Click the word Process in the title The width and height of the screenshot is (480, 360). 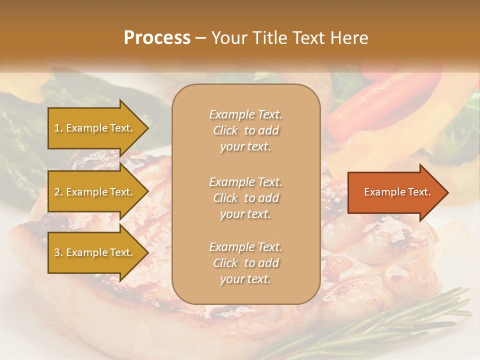(x=157, y=38)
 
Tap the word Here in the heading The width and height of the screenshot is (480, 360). (x=349, y=38)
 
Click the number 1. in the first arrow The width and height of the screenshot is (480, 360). (x=58, y=128)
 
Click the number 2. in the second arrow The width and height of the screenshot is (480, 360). (x=58, y=192)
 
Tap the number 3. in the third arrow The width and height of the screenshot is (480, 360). (x=58, y=252)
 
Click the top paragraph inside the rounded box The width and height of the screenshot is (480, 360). (x=245, y=130)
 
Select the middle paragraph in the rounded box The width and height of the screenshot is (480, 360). (x=245, y=198)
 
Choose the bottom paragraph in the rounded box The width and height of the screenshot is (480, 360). (x=245, y=263)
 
